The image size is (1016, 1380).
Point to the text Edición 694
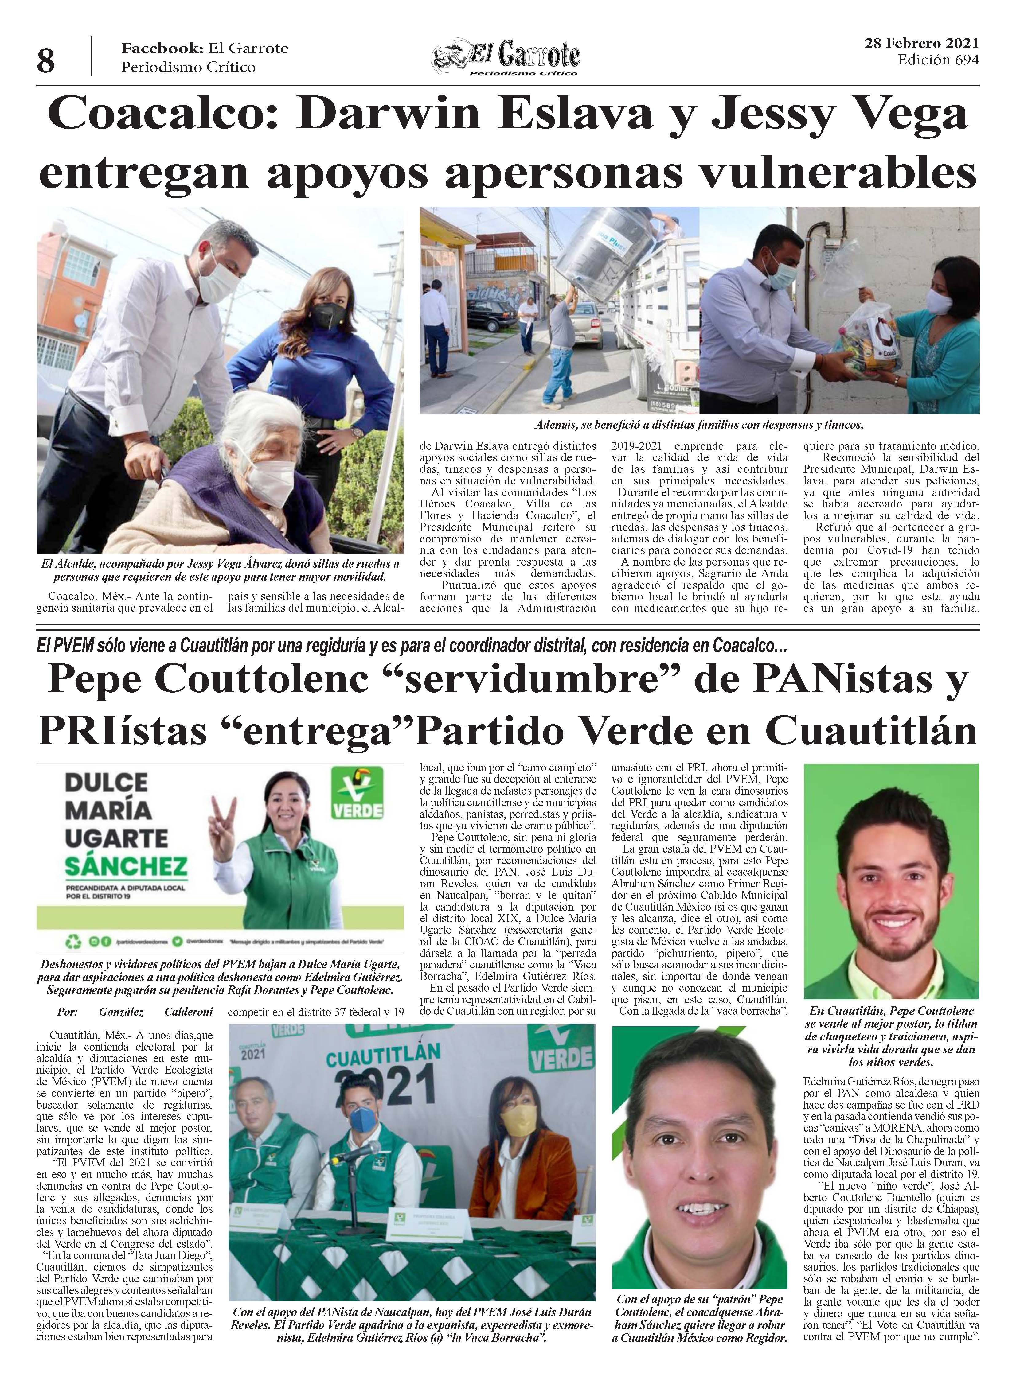tap(938, 60)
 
